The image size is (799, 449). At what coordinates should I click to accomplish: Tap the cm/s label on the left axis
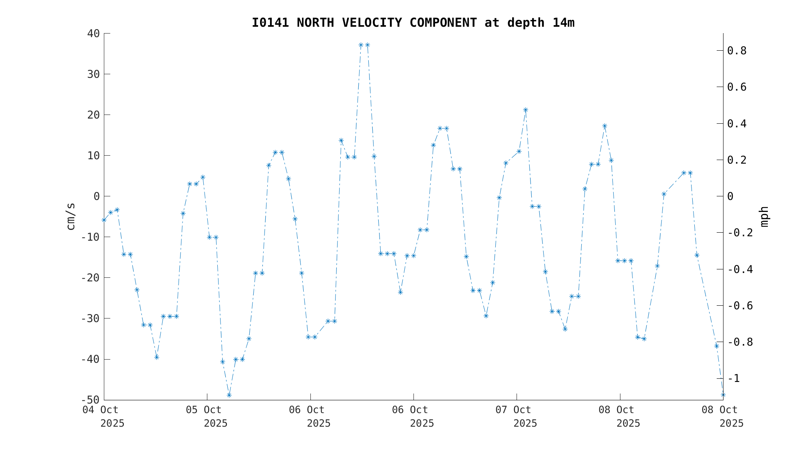click(71, 216)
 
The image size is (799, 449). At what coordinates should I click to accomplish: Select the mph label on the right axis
click(764, 217)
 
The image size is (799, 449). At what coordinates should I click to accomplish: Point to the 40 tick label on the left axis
click(93, 34)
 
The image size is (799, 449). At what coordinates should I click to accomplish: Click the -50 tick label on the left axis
click(90, 400)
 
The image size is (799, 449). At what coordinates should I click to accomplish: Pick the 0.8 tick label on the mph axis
click(737, 51)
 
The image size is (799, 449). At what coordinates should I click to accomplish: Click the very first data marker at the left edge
click(104, 220)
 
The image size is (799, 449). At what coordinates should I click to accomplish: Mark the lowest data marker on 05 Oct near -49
click(229, 395)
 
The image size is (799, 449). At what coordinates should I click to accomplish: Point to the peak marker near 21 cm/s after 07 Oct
click(525, 110)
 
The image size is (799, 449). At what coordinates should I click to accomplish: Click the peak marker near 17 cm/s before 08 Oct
click(604, 126)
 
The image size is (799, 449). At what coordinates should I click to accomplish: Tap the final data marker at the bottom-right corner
click(723, 395)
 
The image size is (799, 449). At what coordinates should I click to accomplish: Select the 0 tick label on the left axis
click(97, 196)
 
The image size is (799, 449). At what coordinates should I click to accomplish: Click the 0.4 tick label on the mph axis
click(737, 124)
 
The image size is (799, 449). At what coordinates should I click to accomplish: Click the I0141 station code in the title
click(270, 23)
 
